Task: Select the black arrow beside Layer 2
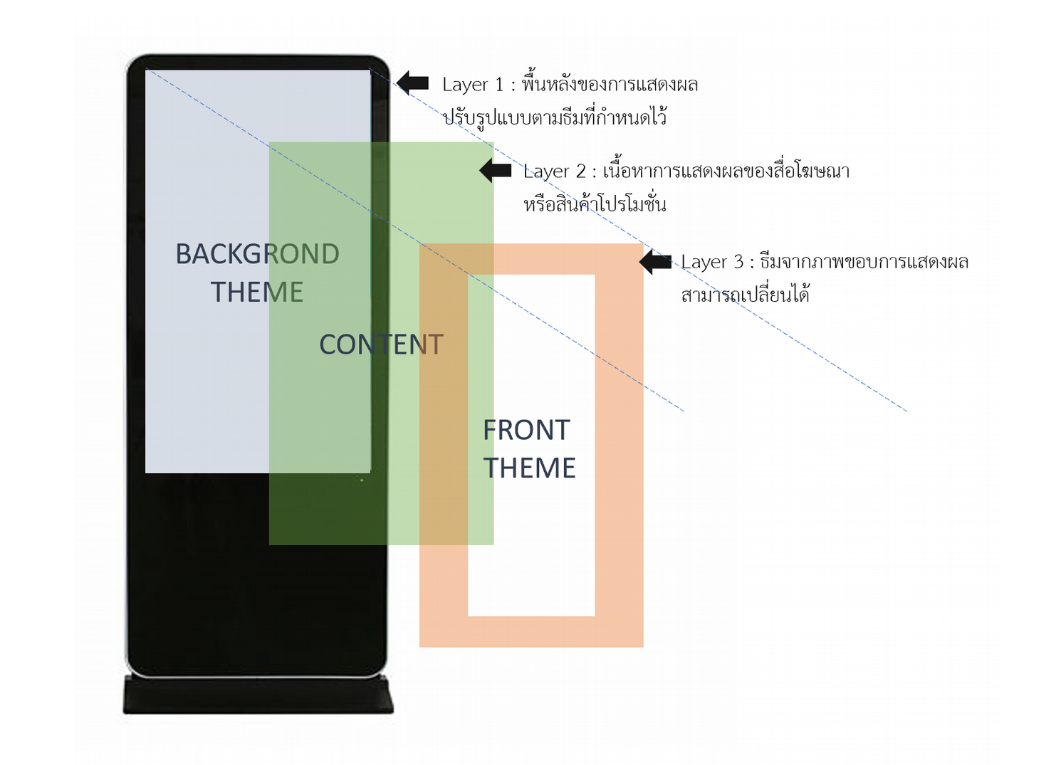(496, 171)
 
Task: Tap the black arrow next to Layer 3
(655, 262)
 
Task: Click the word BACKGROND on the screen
(257, 254)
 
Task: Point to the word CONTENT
(381, 344)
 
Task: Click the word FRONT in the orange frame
(526, 430)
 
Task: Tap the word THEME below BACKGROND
(257, 292)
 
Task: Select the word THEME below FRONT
(529, 468)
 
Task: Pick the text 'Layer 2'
(554, 172)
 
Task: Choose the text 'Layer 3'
(711, 262)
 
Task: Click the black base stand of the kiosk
(258, 695)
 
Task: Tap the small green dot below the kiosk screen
(362, 480)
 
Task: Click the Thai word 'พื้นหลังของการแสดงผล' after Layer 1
(610, 84)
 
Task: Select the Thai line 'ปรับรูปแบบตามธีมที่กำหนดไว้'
(555, 117)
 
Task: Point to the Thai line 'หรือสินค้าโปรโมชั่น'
(595, 205)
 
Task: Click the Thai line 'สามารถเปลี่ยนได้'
(745, 295)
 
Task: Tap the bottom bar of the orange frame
(531, 631)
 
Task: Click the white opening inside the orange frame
(531, 555)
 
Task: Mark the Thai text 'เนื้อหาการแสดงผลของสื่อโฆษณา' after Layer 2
(726, 172)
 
